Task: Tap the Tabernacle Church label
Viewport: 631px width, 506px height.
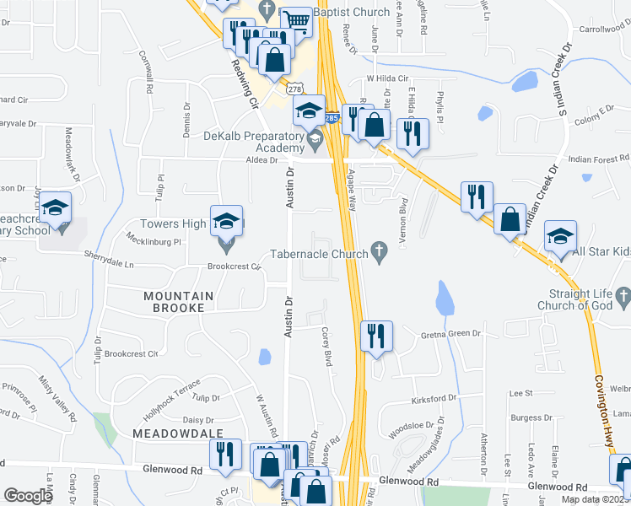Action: pyautogui.click(x=319, y=254)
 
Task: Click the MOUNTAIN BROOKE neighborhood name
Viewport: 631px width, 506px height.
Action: pyautogui.click(x=174, y=302)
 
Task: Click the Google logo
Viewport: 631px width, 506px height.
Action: pyautogui.click(x=29, y=496)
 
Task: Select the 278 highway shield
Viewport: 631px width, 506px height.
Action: pyautogui.click(x=294, y=89)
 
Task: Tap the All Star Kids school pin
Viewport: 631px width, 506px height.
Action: pyautogui.click(x=559, y=238)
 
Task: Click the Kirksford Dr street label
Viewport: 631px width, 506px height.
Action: pyautogui.click(x=435, y=396)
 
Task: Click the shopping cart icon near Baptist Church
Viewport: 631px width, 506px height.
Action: pyautogui.click(x=295, y=21)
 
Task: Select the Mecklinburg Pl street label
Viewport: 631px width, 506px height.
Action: pyautogui.click(x=154, y=241)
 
